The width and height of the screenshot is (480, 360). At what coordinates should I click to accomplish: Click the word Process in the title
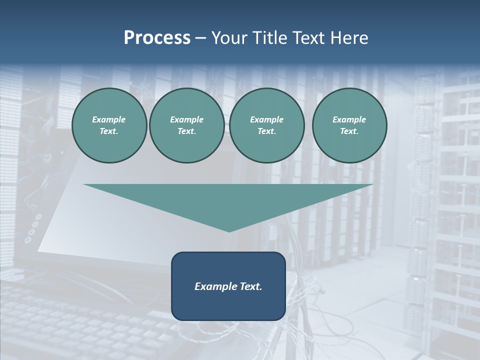157,38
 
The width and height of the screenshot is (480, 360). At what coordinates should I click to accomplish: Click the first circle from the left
109,125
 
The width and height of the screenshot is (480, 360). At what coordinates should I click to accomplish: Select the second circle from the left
187,125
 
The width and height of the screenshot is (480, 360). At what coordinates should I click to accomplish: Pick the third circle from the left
266,125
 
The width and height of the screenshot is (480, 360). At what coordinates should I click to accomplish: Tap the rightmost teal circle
349,125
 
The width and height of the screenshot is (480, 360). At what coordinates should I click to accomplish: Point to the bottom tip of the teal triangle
229,231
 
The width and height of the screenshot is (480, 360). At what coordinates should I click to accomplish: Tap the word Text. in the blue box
251,286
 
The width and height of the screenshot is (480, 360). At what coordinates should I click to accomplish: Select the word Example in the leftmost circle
109,119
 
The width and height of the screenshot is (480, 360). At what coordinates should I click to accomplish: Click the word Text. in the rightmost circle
349,131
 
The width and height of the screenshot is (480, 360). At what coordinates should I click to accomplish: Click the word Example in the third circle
266,119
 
